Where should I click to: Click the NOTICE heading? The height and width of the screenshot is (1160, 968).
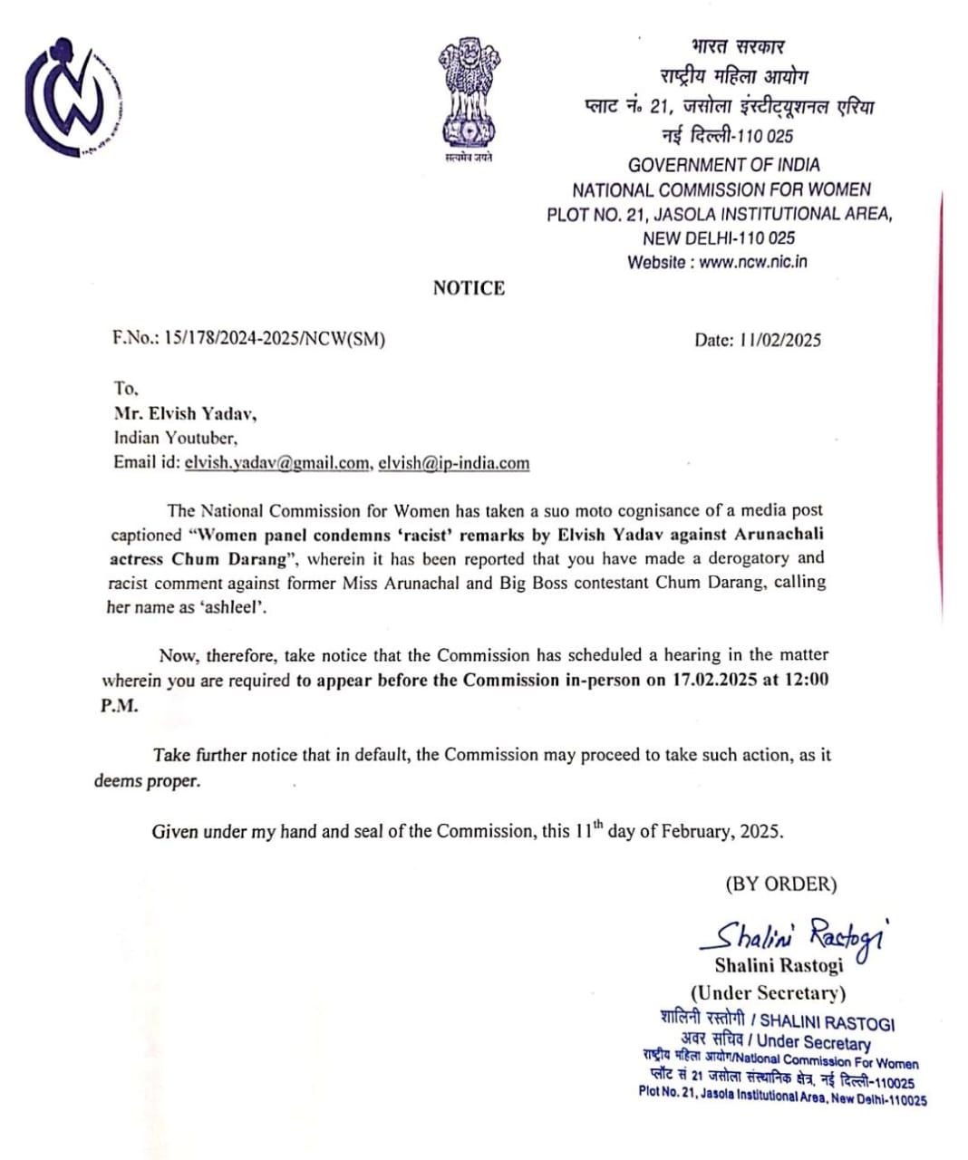pos(469,288)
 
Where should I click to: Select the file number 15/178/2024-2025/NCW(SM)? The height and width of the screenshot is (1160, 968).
pos(249,339)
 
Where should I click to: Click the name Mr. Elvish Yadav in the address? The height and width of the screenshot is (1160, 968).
pos(185,413)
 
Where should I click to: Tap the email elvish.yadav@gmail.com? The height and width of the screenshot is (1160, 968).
pos(276,462)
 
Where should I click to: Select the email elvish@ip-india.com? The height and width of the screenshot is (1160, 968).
pos(453,462)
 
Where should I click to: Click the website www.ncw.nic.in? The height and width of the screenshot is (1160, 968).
pos(752,262)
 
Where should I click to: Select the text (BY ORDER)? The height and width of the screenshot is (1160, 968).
pos(780,884)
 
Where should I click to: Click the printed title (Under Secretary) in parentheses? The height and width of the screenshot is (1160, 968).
pos(768,992)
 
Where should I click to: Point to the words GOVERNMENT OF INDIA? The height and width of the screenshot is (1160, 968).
pos(723,165)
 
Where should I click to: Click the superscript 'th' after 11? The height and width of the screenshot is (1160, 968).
pos(597,824)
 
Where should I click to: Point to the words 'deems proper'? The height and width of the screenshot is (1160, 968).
pos(147,780)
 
